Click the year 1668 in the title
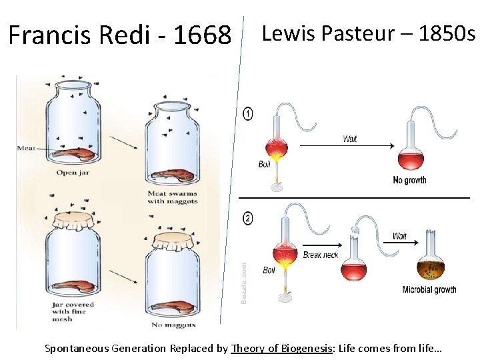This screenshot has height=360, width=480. (x=202, y=35)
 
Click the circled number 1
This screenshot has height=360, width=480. (x=249, y=114)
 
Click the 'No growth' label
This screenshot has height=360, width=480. (x=409, y=180)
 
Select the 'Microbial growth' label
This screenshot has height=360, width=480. (x=429, y=290)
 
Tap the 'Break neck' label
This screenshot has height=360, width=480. (x=321, y=255)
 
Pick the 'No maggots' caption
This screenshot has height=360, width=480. (x=173, y=325)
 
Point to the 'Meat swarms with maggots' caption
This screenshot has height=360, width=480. (x=172, y=197)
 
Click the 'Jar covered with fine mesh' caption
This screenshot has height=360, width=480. (x=73, y=311)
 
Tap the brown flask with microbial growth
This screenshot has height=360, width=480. (x=433, y=269)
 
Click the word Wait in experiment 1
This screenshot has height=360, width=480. (x=350, y=139)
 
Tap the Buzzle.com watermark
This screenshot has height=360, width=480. (x=243, y=283)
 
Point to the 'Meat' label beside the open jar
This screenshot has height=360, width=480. (x=26, y=148)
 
